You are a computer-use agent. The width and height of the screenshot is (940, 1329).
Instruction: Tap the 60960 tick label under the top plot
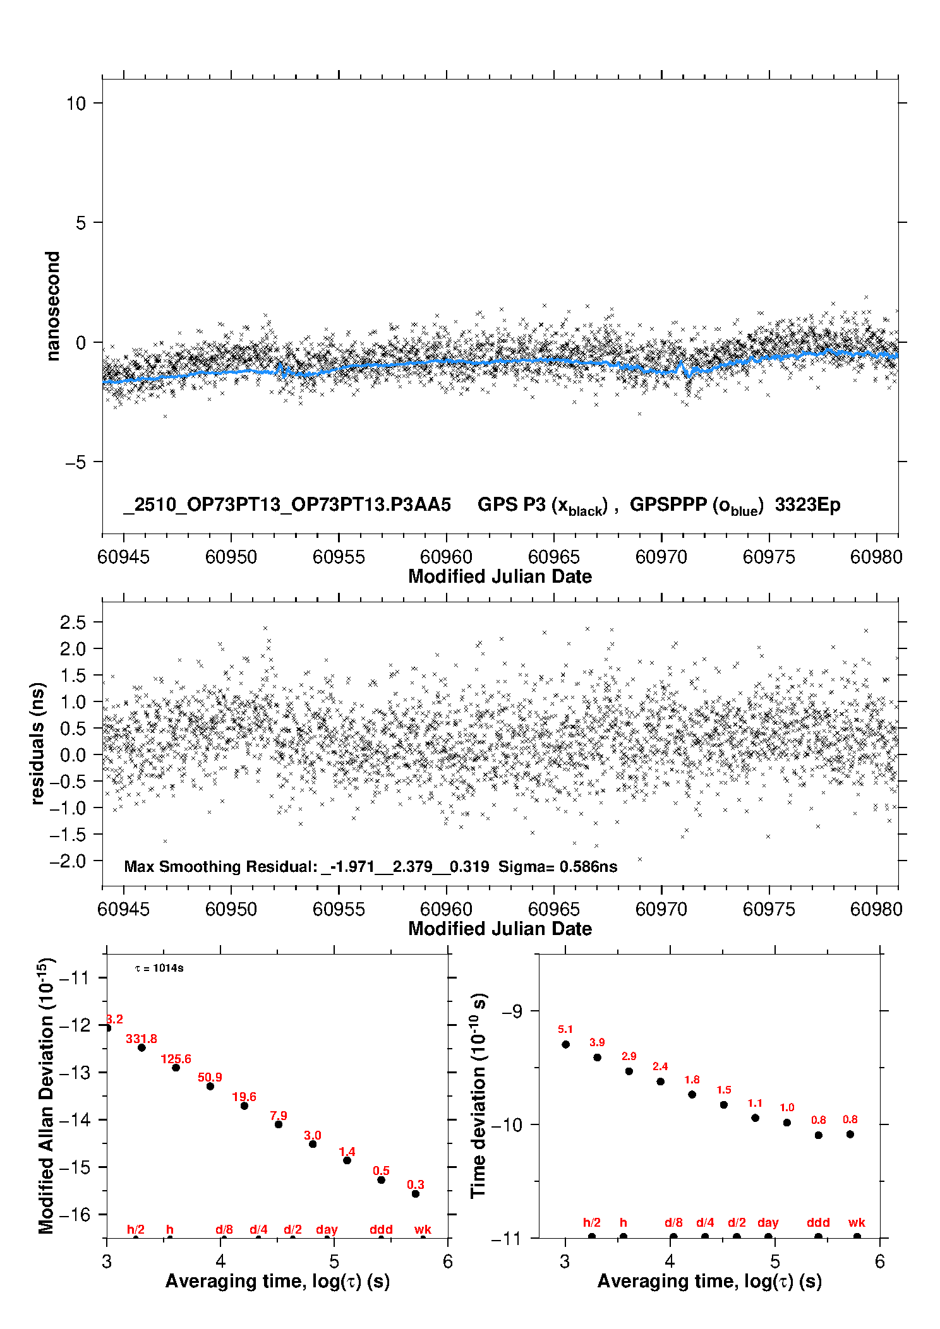pos(446,557)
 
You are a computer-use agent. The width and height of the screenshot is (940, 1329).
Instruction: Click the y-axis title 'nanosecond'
pos(52,306)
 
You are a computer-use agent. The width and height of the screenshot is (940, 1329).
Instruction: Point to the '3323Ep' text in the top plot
pos(807,505)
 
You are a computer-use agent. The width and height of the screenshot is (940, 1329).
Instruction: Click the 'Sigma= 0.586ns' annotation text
pos(558,867)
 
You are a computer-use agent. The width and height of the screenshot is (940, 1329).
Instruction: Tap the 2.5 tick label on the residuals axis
pos(73,623)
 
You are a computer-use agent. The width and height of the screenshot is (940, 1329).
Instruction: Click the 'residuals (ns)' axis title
pos(38,744)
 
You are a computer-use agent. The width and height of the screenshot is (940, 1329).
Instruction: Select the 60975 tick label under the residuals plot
pos(769,909)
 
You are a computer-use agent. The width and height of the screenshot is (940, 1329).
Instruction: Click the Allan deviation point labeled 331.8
pos(142,1047)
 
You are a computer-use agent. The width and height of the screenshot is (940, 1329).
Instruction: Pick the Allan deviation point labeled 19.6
pos(244,1106)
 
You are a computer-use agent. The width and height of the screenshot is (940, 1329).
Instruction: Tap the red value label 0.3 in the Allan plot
pos(416,1184)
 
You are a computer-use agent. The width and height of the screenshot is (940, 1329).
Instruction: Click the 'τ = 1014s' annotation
pos(159,968)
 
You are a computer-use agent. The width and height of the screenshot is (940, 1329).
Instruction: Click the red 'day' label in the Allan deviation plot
pos(327,1229)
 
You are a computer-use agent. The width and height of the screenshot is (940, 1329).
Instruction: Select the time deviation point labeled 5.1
pos(565,1044)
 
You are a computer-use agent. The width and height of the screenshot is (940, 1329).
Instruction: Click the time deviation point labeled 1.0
pos(787,1123)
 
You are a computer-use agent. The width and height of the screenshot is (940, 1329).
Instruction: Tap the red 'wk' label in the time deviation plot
pos(857,1223)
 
